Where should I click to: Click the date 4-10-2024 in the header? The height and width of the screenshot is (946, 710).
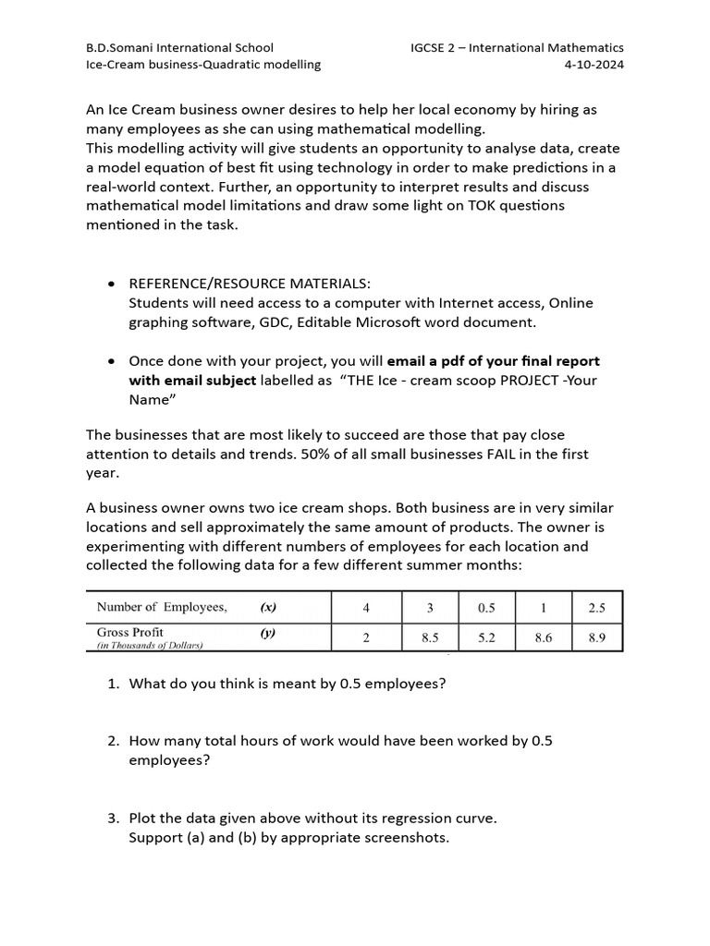pyautogui.click(x=594, y=65)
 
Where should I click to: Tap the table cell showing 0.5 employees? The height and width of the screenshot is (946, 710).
pyautogui.click(x=486, y=607)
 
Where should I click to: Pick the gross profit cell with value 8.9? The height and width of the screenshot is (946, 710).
pyautogui.click(x=596, y=637)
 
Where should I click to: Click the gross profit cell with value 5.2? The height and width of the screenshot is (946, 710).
pyautogui.click(x=486, y=637)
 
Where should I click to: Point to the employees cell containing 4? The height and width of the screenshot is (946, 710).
pyautogui.click(x=366, y=607)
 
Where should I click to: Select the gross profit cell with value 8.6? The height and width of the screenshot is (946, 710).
pyautogui.click(x=543, y=637)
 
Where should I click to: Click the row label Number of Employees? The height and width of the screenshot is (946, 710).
pyautogui.click(x=162, y=607)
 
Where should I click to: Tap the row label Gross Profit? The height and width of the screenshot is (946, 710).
pyautogui.click(x=130, y=632)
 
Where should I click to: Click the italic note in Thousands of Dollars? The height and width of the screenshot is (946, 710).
pyautogui.click(x=150, y=646)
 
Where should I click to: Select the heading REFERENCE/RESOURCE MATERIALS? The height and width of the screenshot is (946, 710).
pyautogui.click(x=249, y=284)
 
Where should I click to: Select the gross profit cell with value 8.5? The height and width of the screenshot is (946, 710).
pyautogui.click(x=429, y=637)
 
